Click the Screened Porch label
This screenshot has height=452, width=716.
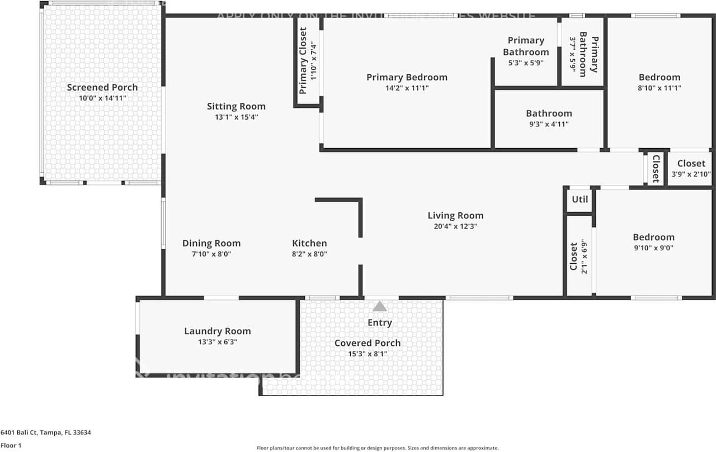click(x=102, y=87)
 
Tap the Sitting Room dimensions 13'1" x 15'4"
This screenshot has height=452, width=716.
click(x=236, y=117)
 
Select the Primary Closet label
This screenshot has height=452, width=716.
click(x=303, y=60)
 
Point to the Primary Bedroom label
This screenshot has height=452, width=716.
click(x=407, y=77)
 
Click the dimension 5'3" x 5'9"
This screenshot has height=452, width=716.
click(x=526, y=63)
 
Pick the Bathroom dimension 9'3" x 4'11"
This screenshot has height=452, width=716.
click(x=549, y=124)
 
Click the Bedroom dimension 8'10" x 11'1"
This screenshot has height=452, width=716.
click(x=660, y=88)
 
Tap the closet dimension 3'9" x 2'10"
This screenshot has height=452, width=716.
click(x=691, y=174)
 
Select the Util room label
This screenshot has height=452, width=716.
click(x=580, y=199)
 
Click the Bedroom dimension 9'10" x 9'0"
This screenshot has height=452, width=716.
click(x=653, y=248)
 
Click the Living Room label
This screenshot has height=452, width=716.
click(x=455, y=216)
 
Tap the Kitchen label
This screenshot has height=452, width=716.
click(x=309, y=243)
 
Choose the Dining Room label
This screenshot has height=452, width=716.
click(x=211, y=243)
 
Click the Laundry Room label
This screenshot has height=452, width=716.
click(x=218, y=331)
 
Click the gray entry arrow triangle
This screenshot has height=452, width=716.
click(x=380, y=306)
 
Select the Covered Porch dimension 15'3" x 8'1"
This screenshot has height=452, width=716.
click(x=368, y=354)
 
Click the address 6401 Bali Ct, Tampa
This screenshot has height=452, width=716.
click(x=46, y=432)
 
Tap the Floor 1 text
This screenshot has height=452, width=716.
click(x=11, y=446)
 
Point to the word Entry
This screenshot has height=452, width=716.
click(x=380, y=322)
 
